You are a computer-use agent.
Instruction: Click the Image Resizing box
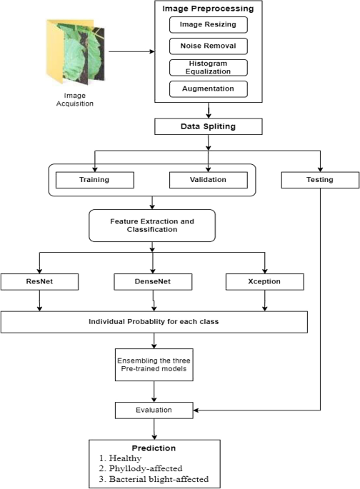209,26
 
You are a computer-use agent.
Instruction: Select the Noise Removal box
209,47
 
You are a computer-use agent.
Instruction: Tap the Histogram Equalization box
209,68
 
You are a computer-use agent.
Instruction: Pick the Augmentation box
209,89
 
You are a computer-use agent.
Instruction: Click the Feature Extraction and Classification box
151,226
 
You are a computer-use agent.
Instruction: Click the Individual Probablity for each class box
154,322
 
